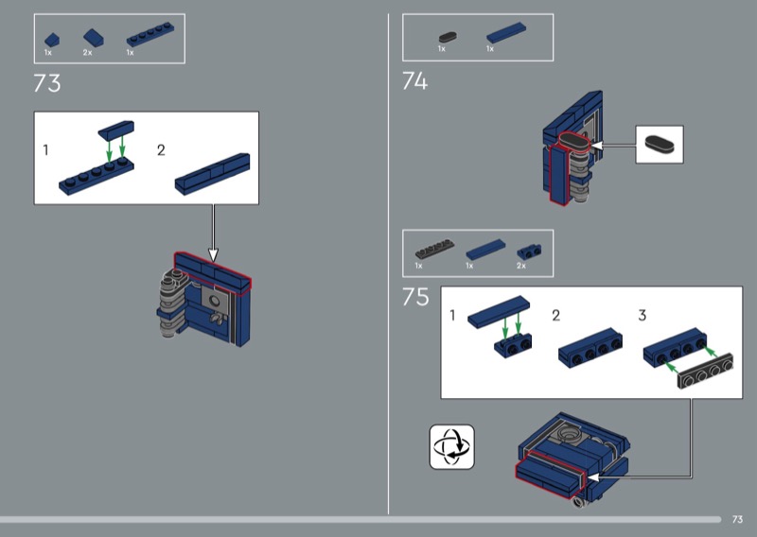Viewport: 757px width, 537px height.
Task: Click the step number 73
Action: click(46, 83)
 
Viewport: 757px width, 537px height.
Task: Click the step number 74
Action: click(414, 81)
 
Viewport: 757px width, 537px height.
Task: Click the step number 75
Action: click(415, 297)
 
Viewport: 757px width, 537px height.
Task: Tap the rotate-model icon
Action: click(452, 446)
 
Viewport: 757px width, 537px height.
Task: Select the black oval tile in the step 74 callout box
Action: click(659, 145)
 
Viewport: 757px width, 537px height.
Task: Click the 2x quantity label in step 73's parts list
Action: click(87, 53)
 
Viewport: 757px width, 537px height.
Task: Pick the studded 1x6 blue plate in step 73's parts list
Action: click(150, 34)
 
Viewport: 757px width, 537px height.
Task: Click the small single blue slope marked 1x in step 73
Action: click(52, 40)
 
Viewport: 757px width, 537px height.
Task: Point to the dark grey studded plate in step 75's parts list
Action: click(434, 249)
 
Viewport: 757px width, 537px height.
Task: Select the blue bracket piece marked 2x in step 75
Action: click(529, 251)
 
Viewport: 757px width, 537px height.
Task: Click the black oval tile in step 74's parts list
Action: click(448, 37)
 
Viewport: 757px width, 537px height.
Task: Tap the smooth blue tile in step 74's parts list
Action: click(506, 33)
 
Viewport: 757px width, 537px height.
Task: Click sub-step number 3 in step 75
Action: click(643, 316)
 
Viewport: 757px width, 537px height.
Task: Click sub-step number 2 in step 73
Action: click(161, 150)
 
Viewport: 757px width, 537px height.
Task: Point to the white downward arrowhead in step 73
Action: click(213, 254)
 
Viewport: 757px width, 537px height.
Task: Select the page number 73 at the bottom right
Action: click(737, 519)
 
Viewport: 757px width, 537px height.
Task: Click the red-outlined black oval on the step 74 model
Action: click(574, 142)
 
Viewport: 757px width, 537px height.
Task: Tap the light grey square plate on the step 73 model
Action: click(214, 299)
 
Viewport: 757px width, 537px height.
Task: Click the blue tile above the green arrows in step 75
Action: click(499, 312)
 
